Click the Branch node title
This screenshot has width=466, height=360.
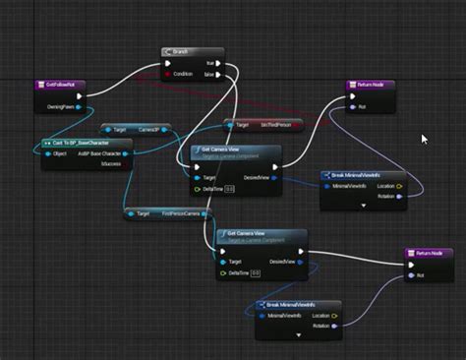(x=181, y=52)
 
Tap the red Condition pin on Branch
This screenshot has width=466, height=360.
(x=168, y=74)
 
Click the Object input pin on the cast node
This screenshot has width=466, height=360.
(x=46, y=153)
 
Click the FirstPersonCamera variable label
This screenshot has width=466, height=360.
(x=180, y=213)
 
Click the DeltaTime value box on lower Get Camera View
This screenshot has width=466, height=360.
(x=254, y=272)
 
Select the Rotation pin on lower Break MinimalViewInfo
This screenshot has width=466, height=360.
(x=334, y=326)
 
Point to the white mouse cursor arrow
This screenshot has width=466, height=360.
(x=424, y=139)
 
